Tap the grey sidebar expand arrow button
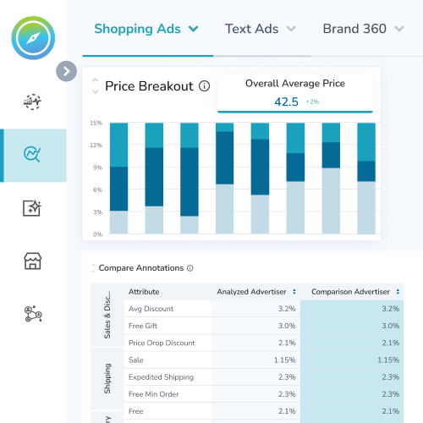tap(66, 71)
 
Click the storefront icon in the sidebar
tap(33, 261)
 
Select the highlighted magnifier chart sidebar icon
tap(33, 155)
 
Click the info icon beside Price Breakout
tap(204, 86)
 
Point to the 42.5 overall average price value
tap(286, 102)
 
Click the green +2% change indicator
tap(312, 102)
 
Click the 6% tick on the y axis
tap(97, 190)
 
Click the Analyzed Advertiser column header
tap(251, 292)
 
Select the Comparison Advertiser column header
tap(351, 292)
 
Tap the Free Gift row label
tap(145, 326)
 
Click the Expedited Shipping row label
tap(161, 376)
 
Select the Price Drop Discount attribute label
tap(162, 343)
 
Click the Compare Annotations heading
tap(140, 268)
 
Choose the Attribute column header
tap(144, 292)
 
